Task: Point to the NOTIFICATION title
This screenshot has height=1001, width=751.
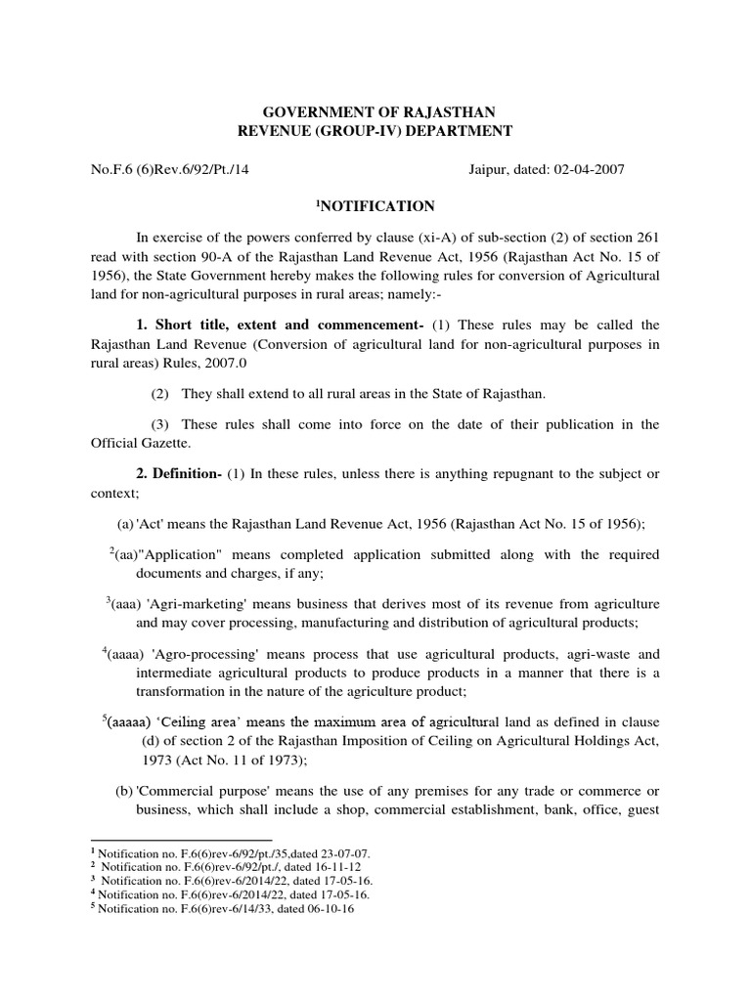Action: click(x=375, y=206)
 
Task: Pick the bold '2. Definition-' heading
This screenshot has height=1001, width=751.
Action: click(x=179, y=474)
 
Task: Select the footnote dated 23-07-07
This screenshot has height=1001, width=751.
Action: click(x=231, y=853)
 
